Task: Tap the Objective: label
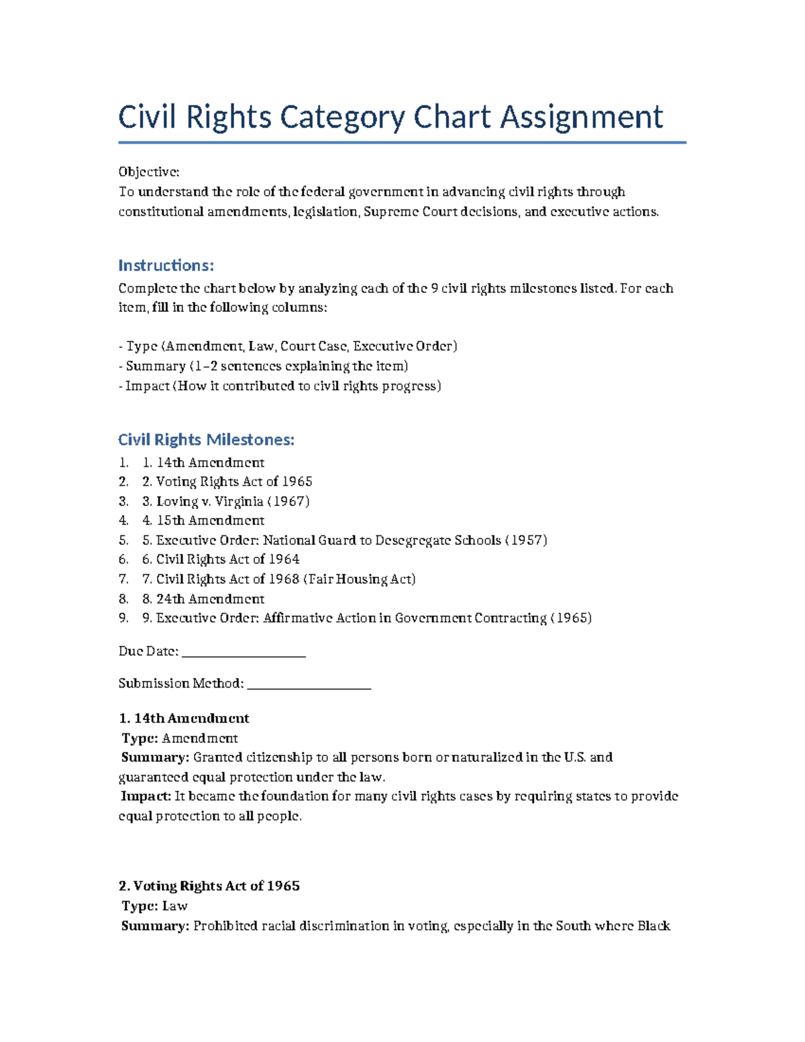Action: tap(149, 172)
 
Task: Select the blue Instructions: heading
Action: tap(166, 266)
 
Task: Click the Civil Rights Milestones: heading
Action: tap(206, 440)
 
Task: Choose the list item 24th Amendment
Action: tap(210, 598)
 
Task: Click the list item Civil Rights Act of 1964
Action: tap(227, 560)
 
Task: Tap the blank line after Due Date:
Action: tap(244, 653)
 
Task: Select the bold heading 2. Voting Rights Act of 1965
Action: tap(209, 886)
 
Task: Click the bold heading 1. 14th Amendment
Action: tap(184, 719)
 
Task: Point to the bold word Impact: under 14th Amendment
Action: tap(146, 796)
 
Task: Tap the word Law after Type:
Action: tap(174, 906)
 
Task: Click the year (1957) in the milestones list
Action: tap(526, 540)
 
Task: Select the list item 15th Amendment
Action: tap(210, 521)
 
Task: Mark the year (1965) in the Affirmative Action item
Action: tap(570, 618)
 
